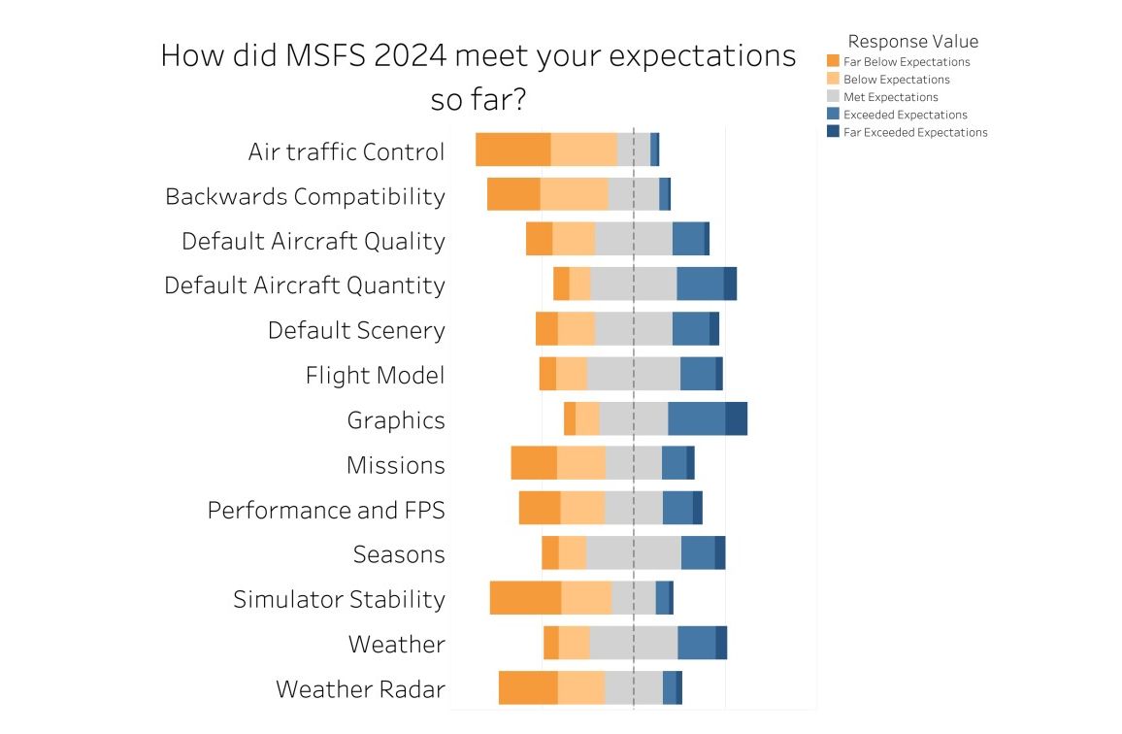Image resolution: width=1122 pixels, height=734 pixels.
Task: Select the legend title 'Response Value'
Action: [x=912, y=42]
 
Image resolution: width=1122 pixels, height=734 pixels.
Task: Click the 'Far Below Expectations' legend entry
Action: [x=907, y=62]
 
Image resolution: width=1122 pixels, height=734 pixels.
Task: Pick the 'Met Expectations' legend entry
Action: [x=890, y=97]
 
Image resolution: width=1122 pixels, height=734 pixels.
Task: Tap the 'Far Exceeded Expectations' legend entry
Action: [x=915, y=132]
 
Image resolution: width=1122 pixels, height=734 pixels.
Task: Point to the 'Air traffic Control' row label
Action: [x=346, y=151]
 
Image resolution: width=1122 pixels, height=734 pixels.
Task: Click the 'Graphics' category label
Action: [x=396, y=420]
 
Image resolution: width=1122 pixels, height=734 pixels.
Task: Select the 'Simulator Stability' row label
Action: [x=339, y=599]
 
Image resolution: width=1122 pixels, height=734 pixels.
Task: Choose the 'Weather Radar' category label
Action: [x=360, y=689]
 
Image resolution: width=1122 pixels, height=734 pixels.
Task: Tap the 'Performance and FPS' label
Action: [x=326, y=510]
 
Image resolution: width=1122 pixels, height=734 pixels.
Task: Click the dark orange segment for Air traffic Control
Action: [x=512, y=150]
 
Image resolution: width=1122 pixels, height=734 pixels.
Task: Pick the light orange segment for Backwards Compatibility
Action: [x=574, y=194]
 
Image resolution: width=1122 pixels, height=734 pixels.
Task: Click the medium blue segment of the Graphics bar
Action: [x=696, y=418]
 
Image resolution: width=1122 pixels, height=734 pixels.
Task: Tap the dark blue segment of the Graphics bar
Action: [x=736, y=418]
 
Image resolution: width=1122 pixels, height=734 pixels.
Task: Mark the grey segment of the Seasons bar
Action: [x=633, y=552]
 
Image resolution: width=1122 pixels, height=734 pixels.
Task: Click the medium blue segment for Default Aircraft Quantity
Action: [x=700, y=284]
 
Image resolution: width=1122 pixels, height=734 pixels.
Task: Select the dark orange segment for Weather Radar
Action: [x=528, y=687]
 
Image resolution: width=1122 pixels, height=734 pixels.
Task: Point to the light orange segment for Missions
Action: [x=580, y=463]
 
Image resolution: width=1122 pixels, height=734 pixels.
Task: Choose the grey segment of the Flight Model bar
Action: [x=633, y=374]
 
